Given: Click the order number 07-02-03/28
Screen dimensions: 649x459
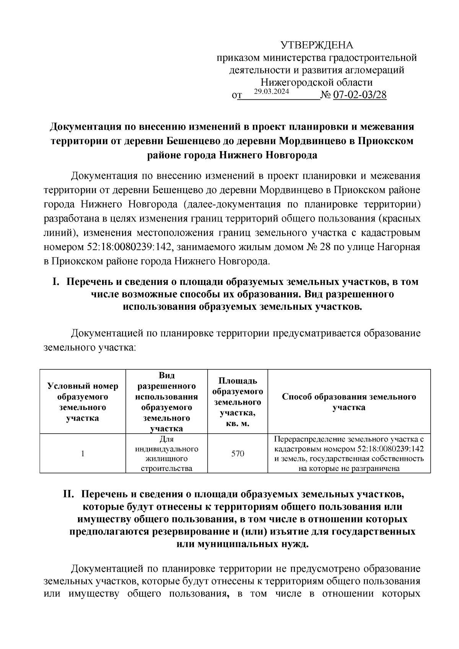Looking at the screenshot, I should coord(360,95).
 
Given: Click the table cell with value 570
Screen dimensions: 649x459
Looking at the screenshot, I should coord(238,454).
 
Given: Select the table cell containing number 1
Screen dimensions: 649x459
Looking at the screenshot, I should coord(83,454).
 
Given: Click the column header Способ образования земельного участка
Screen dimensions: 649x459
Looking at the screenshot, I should coord(349,402).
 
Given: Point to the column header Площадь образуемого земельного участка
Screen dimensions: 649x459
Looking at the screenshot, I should coord(238,402).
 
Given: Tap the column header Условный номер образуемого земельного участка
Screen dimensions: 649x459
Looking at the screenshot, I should coord(83,402).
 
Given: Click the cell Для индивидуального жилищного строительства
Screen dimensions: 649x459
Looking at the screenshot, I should coord(166,454).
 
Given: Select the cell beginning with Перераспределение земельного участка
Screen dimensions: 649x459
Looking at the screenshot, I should coord(349,454).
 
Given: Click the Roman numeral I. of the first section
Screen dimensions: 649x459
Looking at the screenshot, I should coord(56,282).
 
